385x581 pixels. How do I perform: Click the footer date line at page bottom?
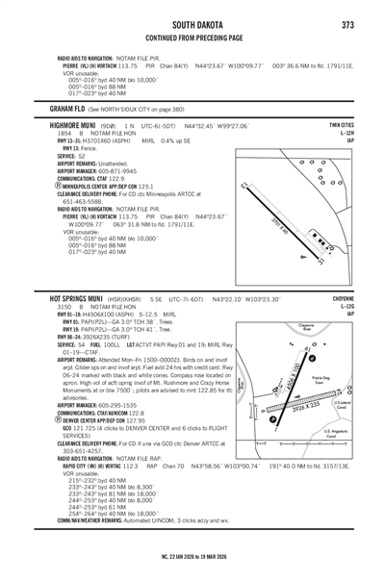coord(192,557)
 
